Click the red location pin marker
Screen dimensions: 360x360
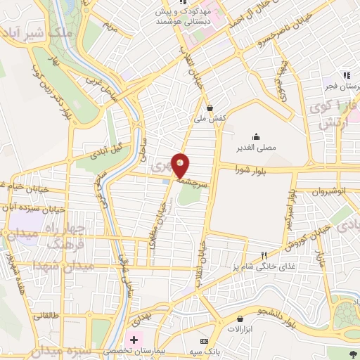pos(181,166)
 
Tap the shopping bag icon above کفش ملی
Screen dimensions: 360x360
pos(210,108)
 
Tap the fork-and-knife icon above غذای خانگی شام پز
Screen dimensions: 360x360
pos(264,255)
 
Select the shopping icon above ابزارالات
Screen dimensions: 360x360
pos(240,319)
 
